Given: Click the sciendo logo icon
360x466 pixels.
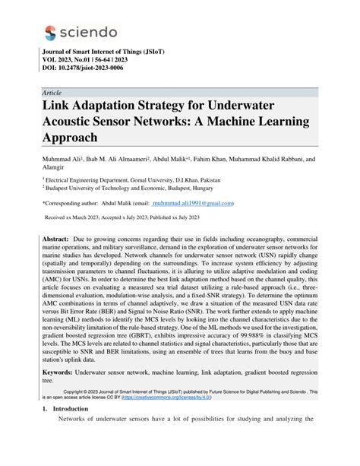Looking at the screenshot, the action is [50, 32].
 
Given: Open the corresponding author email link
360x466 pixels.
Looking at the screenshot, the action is [191, 204].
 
